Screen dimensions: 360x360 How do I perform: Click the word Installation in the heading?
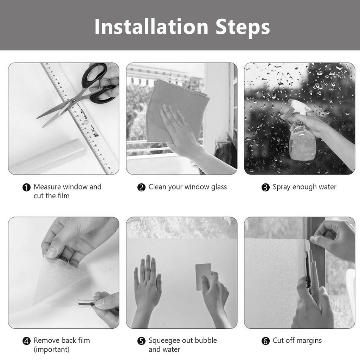click(x=151, y=27)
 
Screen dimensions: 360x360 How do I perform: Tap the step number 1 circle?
click(x=26, y=187)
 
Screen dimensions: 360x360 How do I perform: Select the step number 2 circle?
click(x=141, y=187)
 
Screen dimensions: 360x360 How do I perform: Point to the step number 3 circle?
click(x=265, y=187)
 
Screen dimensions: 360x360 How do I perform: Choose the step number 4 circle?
click(x=26, y=341)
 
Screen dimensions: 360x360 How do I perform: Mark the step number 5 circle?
click(x=141, y=341)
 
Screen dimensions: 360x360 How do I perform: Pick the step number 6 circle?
click(x=265, y=341)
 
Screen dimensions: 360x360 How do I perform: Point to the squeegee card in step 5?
click(x=203, y=276)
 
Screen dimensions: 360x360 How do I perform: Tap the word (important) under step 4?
click(x=51, y=350)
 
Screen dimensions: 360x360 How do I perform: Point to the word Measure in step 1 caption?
click(x=47, y=187)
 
